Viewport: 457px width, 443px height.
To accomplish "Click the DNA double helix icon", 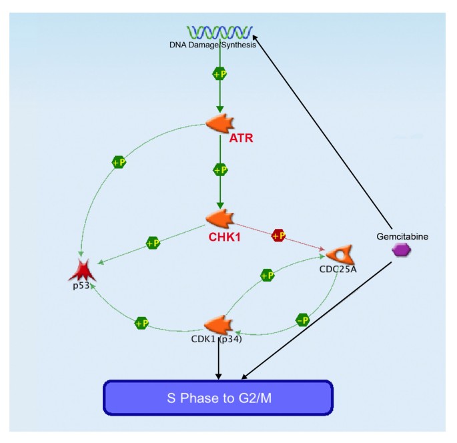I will pos(219,32).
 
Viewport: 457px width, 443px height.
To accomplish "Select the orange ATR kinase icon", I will pos(219,123).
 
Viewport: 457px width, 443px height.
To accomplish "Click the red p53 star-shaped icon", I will pos(83,270).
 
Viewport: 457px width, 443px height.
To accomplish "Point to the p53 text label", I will pos(81,286).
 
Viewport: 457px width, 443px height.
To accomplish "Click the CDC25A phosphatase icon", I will pos(340,255).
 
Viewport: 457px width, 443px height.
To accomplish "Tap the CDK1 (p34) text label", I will pos(215,338).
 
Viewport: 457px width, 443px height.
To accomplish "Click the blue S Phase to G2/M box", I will pos(217,398).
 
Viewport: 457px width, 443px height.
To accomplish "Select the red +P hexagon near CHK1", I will pos(279,236).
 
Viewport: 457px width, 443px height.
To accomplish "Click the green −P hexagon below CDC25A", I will pos(303,320).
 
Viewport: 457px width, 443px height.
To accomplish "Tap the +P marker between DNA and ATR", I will pos(219,74).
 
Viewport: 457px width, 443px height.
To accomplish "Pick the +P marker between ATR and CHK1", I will pos(219,170).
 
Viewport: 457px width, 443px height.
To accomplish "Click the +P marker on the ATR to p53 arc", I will pos(119,162).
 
